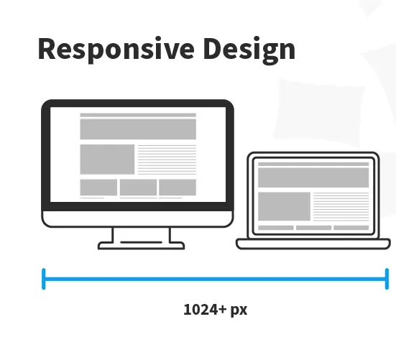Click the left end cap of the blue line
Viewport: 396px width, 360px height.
(x=44, y=278)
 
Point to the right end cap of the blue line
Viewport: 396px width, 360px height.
(x=387, y=278)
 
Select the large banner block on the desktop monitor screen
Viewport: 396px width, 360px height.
(x=137, y=129)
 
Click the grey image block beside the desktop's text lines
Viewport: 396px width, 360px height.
(x=107, y=159)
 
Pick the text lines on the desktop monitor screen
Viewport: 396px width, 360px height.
(x=166, y=159)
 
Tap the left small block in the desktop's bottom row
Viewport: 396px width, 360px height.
(x=98, y=187)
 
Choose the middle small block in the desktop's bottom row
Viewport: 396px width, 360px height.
(x=138, y=187)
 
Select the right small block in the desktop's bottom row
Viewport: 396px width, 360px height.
(x=177, y=187)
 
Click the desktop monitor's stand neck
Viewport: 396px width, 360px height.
(x=141, y=235)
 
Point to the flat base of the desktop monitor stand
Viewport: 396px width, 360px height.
(x=141, y=246)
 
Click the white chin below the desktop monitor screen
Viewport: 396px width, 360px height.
(x=137, y=217)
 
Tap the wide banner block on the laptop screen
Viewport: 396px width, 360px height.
(x=313, y=177)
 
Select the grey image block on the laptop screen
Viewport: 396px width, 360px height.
(x=284, y=206)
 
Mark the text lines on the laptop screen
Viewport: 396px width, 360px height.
(x=341, y=206)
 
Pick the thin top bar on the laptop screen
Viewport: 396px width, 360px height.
(x=313, y=164)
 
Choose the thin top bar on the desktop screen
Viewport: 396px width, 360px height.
(x=137, y=115)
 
